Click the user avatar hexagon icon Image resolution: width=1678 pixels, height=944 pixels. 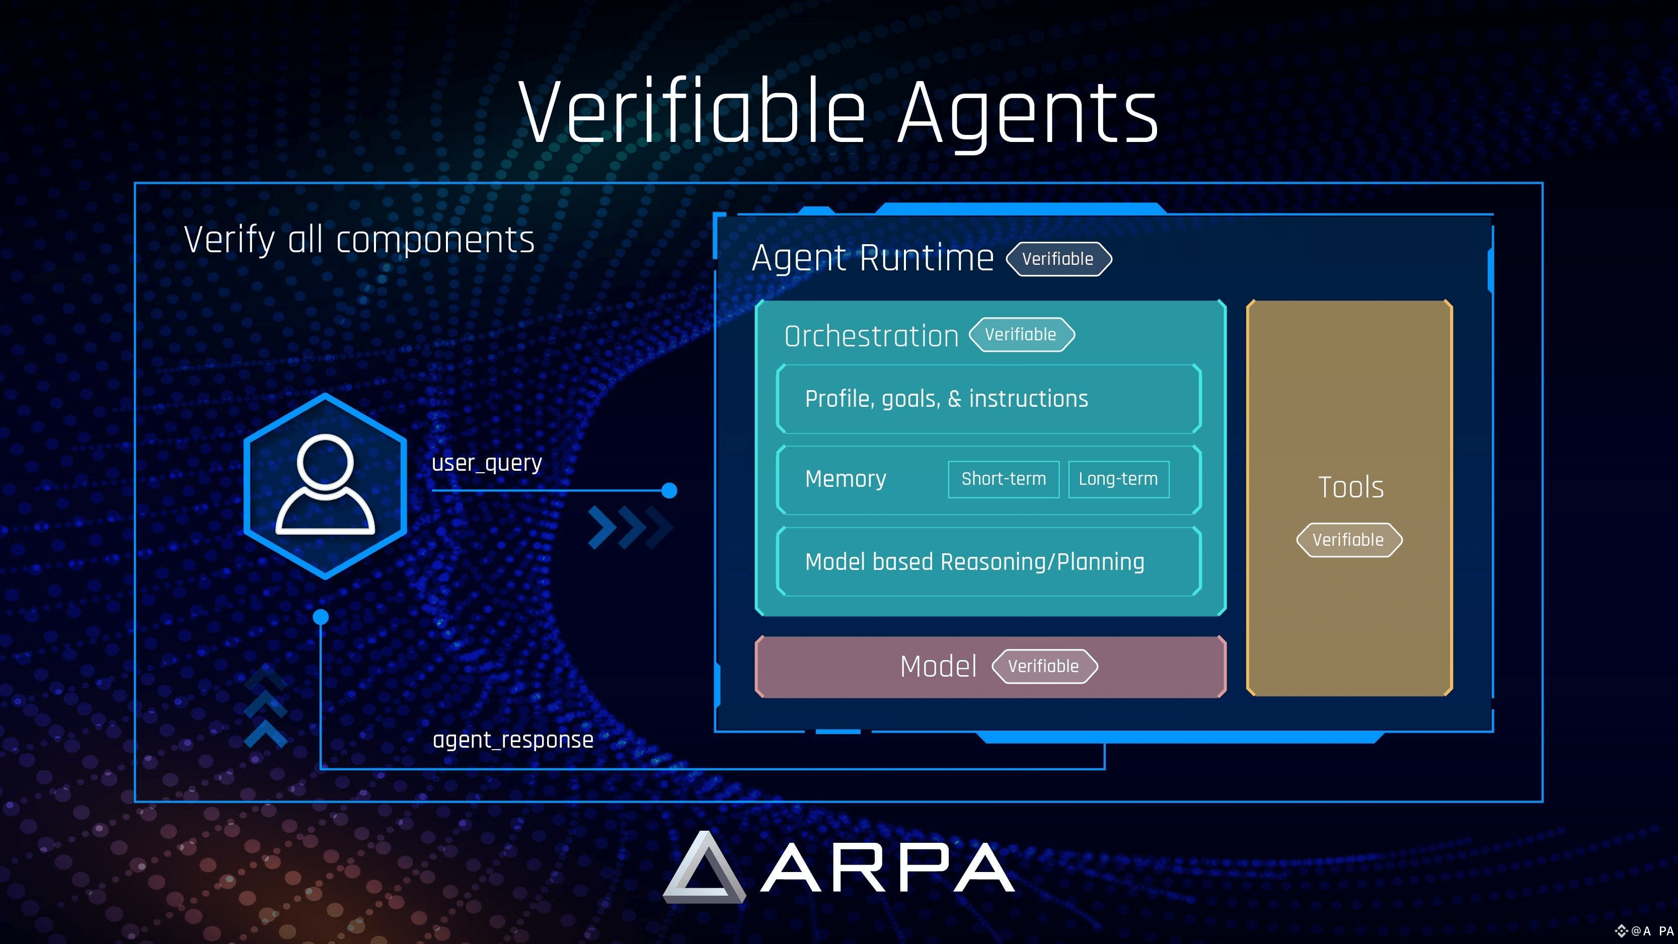pos(325,485)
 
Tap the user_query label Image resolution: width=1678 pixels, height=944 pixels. pos(487,463)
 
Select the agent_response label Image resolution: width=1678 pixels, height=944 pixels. pos(513,740)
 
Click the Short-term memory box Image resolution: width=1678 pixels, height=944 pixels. pos(1003,479)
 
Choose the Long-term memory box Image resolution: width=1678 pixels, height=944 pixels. pos(1118,479)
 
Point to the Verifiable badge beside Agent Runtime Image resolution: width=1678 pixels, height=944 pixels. pos(1058,259)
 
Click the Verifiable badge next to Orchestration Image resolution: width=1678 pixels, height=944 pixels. pos(1021,335)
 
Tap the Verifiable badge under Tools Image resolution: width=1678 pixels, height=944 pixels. pos(1348,540)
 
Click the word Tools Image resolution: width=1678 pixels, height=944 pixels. pos(1350,487)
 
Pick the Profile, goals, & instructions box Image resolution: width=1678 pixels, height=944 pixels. pos(988,399)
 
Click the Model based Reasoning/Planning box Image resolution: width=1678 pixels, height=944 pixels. pos(988,561)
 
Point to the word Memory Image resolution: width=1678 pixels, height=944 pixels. pos(846,479)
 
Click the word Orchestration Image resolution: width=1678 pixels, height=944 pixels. pos(871,336)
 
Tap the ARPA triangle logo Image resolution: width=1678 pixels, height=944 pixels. pos(704,868)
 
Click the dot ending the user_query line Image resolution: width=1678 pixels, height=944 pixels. pos(669,490)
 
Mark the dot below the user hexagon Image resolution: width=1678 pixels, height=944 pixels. pos(321,616)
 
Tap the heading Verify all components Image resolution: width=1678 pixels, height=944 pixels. pos(359,239)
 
